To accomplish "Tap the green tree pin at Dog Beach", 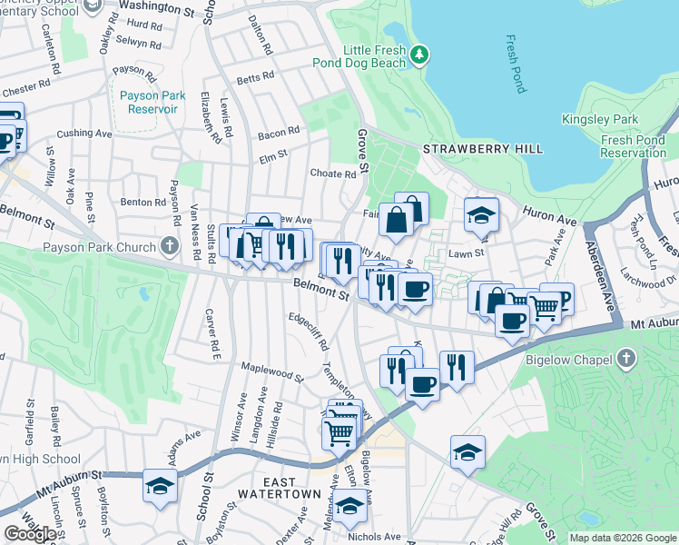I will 418,56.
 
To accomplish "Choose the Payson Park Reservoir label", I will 147,102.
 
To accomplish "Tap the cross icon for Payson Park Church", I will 168,246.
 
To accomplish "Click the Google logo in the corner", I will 30,534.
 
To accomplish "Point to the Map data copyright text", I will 622,538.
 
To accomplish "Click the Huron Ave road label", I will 549,214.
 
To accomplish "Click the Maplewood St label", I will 271,371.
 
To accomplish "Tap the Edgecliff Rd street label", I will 309,333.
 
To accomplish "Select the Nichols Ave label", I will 375,537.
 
